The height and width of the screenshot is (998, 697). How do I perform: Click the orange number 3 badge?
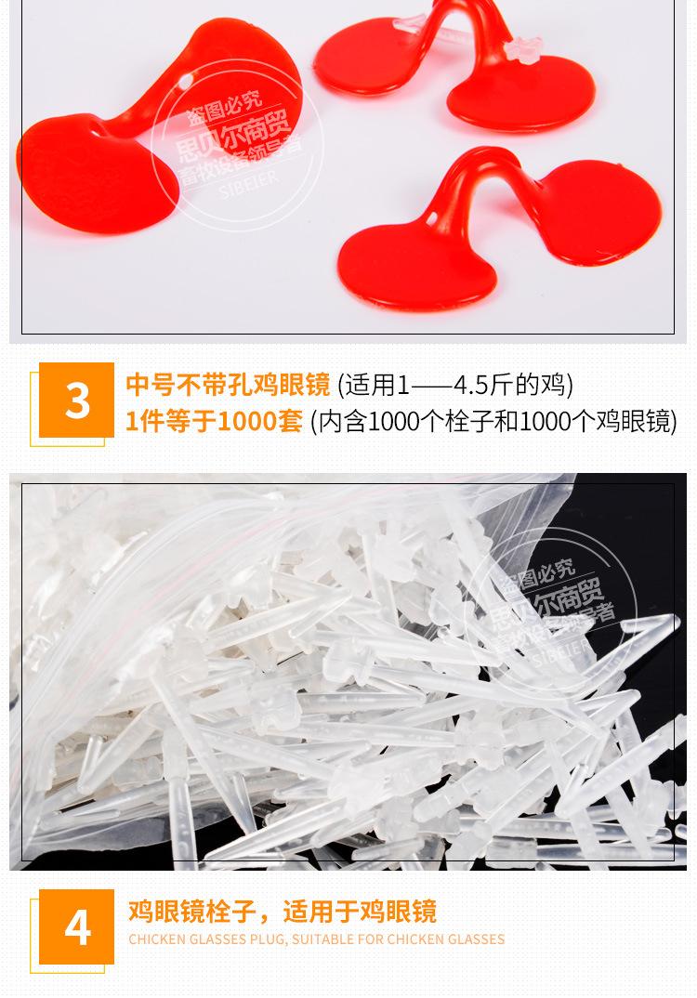click(x=78, y=401)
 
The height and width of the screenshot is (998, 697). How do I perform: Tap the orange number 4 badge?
click(x=78, y=926)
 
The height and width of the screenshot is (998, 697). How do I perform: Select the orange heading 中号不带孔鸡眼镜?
click(x=228, y=384)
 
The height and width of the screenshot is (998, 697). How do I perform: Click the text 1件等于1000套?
click(x=214, y=421)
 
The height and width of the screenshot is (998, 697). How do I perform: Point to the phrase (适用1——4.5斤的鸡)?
click(x=454, y=384)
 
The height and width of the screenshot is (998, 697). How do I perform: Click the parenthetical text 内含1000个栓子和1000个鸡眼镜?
click(x=493, y=421)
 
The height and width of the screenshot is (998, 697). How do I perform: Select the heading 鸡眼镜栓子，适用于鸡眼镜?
click(x=282, y=911)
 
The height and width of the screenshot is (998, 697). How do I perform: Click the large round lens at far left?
click(x=88, y=172)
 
